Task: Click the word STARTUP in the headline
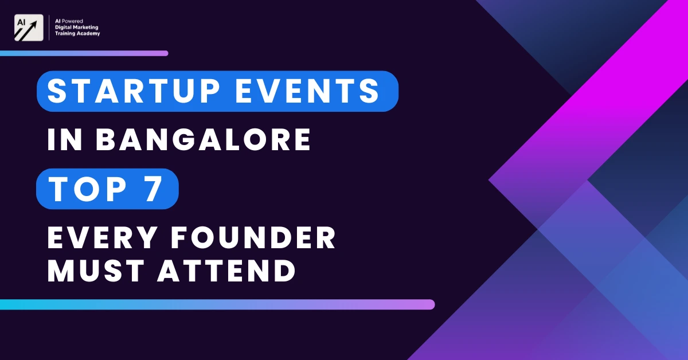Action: [133, 91]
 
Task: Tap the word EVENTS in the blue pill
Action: [308, 91]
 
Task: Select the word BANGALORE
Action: [204, 140]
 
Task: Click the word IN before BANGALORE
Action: [65, 140]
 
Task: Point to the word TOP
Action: [88, 189]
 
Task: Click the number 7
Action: [153, 189]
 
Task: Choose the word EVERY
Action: [102, 237]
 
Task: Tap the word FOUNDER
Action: [253, 237]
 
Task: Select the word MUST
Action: [96, 271]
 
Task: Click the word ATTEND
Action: [226, 271]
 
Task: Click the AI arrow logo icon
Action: [29, 28]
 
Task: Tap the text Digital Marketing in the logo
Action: [76, 28]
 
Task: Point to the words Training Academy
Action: [77, 33]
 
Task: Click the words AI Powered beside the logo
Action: [69, 21]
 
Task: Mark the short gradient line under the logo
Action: [84, 53]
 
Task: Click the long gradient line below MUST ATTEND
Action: [217, 304]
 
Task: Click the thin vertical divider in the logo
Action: [49, 28]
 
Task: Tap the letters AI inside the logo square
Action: [21, 22]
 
